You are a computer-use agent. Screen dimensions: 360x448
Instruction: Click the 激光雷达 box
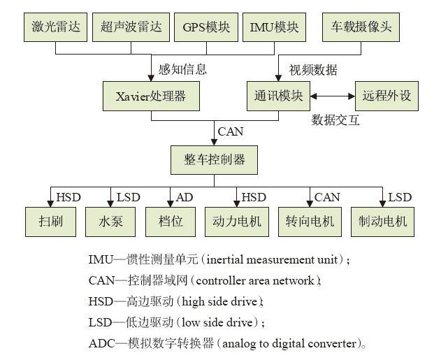(55, 27)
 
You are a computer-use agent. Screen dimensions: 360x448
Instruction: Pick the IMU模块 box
(274, 27)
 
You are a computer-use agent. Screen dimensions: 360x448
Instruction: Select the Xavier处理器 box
(151, 96)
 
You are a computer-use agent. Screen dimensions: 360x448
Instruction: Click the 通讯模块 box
(277, 96)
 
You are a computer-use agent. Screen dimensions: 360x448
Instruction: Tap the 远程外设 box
(386, 96)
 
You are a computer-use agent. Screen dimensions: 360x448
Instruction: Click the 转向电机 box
(310, 222)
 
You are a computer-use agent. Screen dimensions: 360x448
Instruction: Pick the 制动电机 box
(382, 222)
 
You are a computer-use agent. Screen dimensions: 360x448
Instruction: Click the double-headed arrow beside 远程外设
(332, 96)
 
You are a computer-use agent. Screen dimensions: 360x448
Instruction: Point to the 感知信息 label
(183, 70)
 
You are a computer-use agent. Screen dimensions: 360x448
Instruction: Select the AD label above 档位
(185, 197)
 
